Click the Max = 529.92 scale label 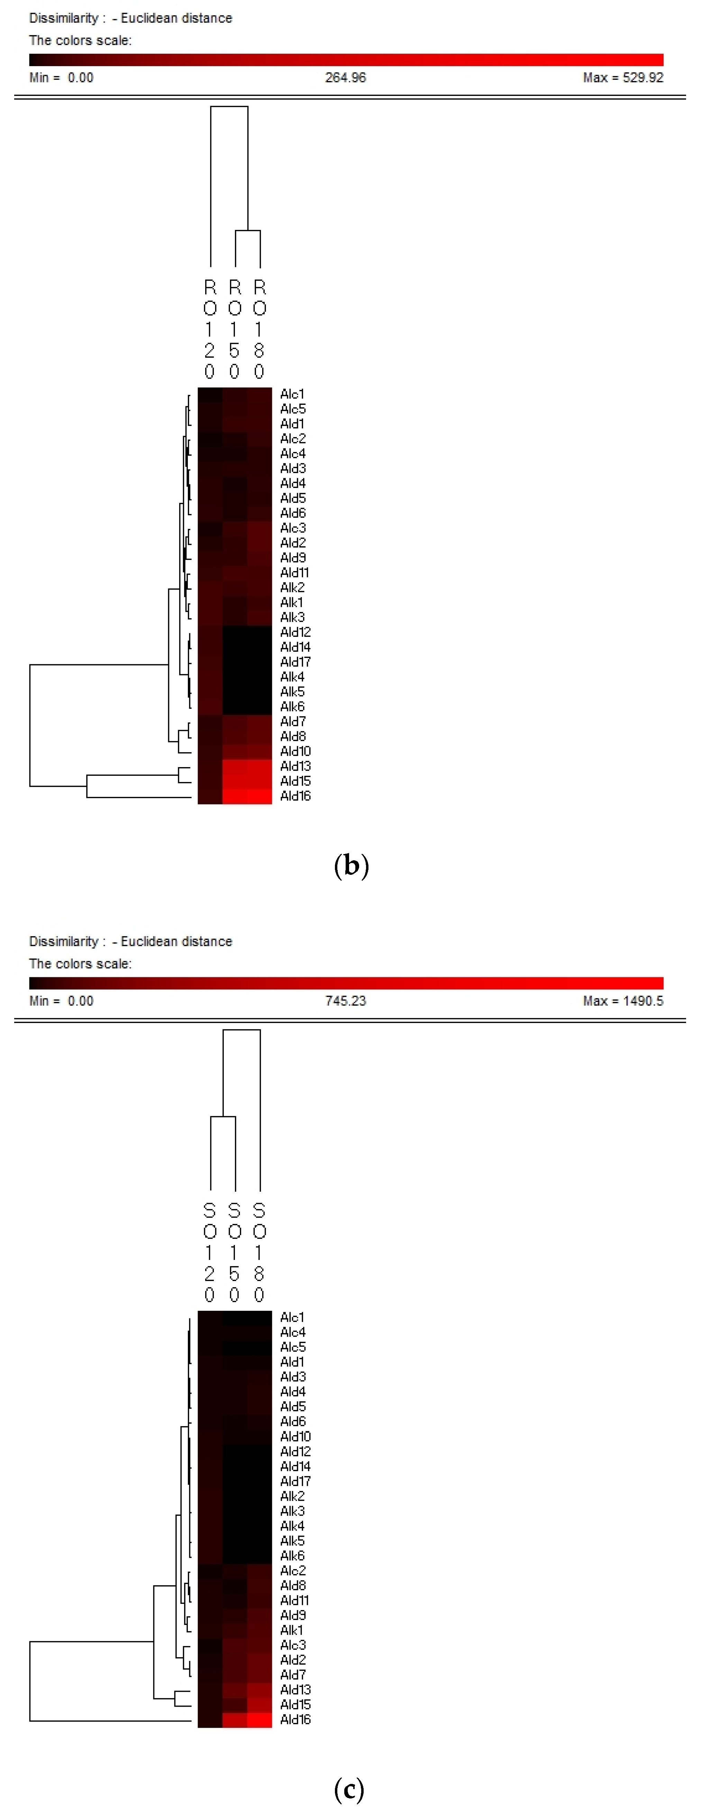622,78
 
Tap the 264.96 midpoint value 345,78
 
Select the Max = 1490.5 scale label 622,1001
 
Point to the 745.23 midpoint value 345,1001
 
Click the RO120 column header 210,329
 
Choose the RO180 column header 259,329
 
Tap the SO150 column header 234,1252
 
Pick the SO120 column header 210,1252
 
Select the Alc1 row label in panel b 292,394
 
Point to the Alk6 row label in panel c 292,1555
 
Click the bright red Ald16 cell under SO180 259,1719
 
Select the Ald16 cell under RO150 235,796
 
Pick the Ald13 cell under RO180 259,766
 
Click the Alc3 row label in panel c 293,1645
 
